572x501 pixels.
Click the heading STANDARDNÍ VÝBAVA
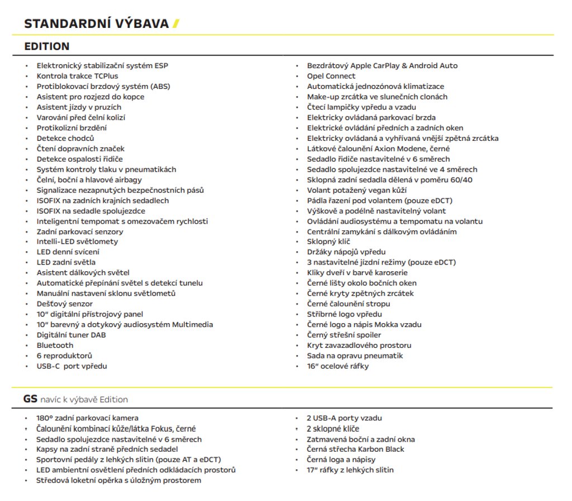96,23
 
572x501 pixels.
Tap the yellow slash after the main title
176,23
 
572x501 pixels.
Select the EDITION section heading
47,46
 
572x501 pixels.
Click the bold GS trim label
30,399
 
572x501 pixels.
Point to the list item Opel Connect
331,76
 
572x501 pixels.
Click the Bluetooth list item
55,346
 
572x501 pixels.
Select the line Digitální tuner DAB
71,335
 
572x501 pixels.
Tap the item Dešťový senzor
64,304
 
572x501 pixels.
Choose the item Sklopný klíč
328,242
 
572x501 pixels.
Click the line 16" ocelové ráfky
337,366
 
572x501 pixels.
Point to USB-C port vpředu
71,366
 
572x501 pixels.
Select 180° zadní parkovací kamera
87,418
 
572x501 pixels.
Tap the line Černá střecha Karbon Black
355,449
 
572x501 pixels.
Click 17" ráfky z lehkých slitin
350,470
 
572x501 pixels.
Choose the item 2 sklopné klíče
333,428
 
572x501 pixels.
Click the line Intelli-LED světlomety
77,242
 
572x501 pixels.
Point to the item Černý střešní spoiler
344,335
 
